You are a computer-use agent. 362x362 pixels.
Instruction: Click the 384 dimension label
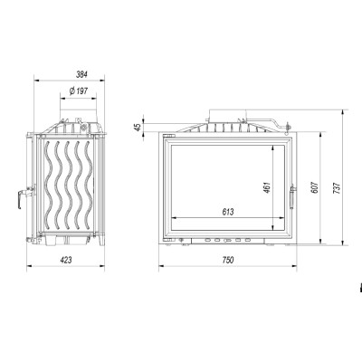tap(81, 74)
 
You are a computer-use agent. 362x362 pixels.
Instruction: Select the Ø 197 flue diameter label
tap(79, 90)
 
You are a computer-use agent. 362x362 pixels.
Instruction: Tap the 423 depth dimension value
tap(66, 260)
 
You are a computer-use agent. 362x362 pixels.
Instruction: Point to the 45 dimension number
tap(138, 127)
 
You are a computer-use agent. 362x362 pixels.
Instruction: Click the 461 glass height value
tap(267, 187)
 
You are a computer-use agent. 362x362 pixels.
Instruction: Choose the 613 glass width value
tap(228, 212)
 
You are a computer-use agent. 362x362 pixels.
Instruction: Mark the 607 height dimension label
tap(315, 187)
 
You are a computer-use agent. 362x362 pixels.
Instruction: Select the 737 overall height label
tap(338, 187)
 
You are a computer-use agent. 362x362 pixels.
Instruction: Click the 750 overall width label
tap(228, 260)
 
